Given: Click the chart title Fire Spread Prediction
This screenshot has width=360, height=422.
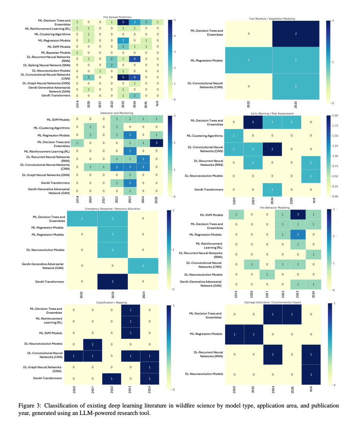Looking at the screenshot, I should (118, 17).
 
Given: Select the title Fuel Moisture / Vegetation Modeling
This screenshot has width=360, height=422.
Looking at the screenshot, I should (272, 18).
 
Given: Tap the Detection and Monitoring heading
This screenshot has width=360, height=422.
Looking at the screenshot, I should (117, 113).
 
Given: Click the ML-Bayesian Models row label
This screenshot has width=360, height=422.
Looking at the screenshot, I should (56, 52).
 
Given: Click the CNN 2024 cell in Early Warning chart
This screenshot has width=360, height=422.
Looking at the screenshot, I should (272, 149).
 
